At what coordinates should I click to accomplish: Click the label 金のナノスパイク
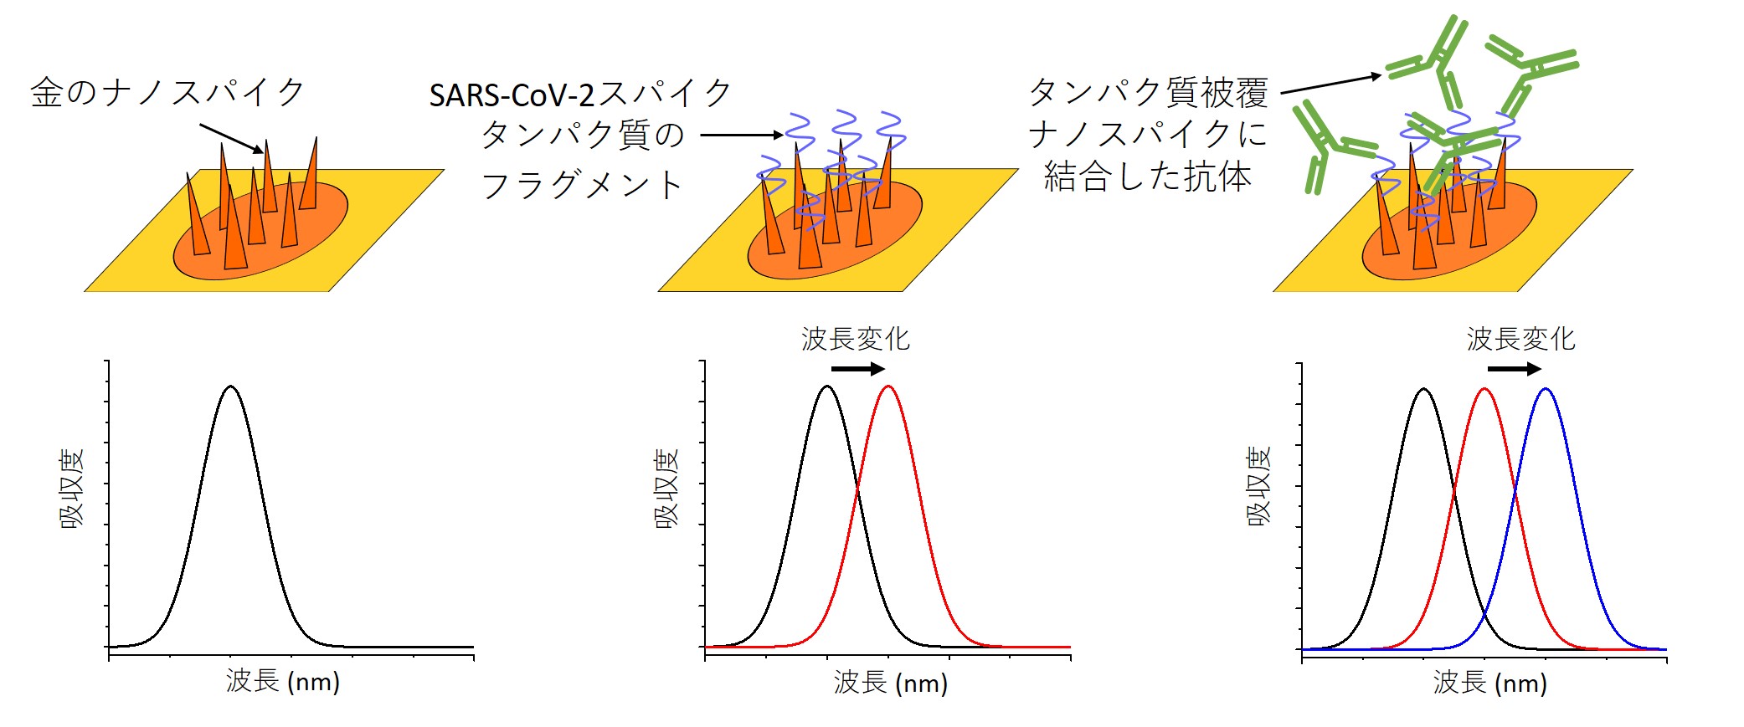167,92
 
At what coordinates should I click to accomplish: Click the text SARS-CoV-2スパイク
580,95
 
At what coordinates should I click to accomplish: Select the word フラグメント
583,185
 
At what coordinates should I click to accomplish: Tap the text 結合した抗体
1147,177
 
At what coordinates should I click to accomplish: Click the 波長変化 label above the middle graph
855,339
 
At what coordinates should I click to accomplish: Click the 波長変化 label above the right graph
1520,339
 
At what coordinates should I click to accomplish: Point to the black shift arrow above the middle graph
857,369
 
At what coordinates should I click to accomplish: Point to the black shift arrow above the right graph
1514,369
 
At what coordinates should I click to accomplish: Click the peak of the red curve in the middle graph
888,387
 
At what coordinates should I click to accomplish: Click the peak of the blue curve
1546,389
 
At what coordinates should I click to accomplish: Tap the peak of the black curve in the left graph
230,387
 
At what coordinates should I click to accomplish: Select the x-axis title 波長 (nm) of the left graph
283,681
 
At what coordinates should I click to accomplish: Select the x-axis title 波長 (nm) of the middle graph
890,683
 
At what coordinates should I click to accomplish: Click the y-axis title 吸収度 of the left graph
73,489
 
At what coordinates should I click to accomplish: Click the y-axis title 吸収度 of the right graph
1259,486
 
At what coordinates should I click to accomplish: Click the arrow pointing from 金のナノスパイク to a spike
231,139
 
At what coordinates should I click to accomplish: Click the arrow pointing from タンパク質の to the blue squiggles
742,135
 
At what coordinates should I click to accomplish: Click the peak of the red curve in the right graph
1484,389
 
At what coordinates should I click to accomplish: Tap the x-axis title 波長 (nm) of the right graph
1489,683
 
